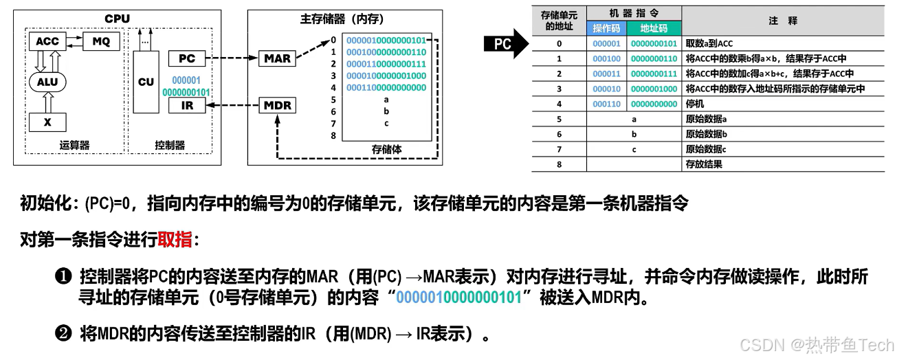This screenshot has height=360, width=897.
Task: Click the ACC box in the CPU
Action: (x=47, y=41)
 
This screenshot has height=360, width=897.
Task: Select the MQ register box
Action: (x=101, y=41)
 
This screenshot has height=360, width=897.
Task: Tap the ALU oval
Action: (x=47, y=83)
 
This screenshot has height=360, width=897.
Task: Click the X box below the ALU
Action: (x=47, y=122)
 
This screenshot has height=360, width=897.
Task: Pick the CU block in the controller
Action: (x=146, y=82)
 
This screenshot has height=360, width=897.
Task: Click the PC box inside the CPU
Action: (x=187, y=58)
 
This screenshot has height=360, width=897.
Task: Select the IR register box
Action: (x=187, y=105)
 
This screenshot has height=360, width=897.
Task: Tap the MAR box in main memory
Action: (x=278, y=58)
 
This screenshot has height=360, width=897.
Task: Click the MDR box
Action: (x=278, y=106)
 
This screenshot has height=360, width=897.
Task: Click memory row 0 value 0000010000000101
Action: (x=386, y=40)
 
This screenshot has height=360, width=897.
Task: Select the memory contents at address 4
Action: (x=386, y=87)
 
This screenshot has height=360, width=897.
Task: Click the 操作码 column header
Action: (x=606, y=28)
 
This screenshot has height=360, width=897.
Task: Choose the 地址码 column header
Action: (x=654, y=28)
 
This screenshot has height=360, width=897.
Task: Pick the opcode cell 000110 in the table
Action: (x=606, y=104)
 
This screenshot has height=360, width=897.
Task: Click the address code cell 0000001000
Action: (x=654, y=89)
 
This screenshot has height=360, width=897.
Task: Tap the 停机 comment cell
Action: (x=694, y=104)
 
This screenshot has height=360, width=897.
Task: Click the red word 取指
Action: (x=175, y=240)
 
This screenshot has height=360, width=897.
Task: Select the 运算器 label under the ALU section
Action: (x=75, y=145)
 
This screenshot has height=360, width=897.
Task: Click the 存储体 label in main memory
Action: (x=386, y=148)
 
